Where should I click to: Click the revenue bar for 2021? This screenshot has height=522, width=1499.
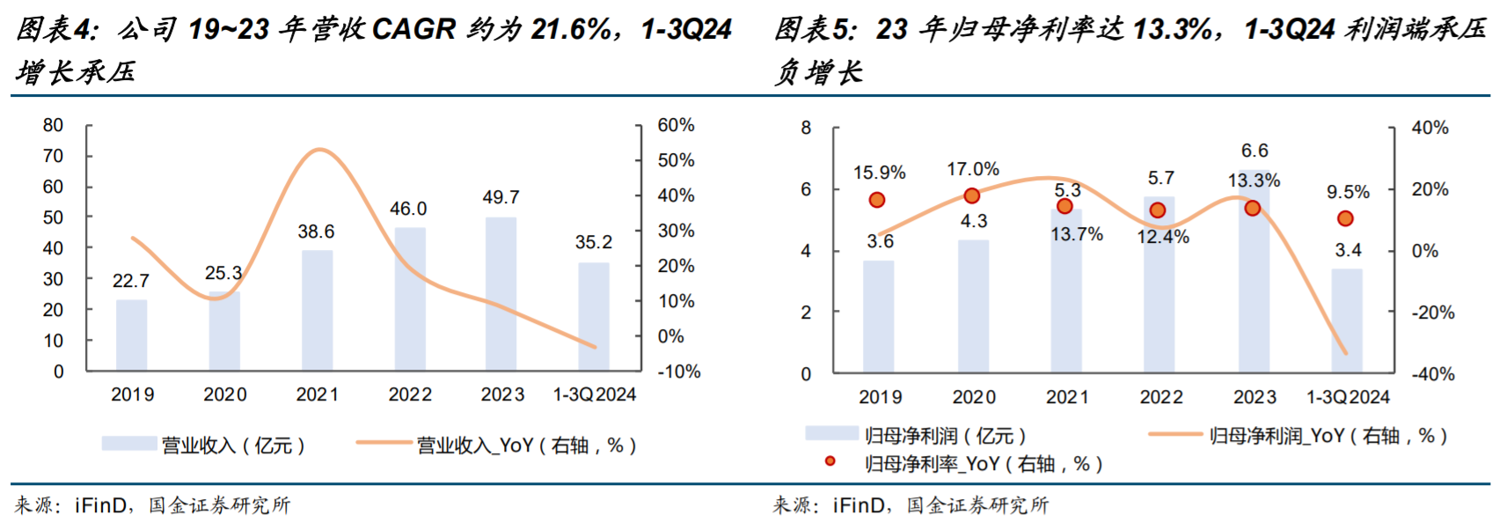tap(317, 310)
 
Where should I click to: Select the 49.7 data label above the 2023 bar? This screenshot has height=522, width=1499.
tap(501, 198)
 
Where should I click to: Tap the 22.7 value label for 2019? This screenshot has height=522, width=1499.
tap(131, 281)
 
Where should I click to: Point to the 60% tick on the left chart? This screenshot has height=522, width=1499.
tap(676, 126)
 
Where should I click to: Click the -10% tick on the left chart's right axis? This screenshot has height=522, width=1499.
tap(679, 371)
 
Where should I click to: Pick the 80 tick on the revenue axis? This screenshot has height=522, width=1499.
tap(54, 126)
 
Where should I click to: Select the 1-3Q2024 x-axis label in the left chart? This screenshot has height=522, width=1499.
tap(594, 394)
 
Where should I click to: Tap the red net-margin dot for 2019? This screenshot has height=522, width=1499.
tap(876, 200)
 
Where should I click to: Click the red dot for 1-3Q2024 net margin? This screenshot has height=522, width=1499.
tap(1345, 218)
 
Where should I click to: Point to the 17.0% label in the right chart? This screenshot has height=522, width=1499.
tap(972, 169)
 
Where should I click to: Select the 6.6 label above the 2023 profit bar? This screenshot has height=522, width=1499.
tap(1254, 151)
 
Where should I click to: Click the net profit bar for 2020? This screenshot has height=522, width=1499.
tap(973, 306)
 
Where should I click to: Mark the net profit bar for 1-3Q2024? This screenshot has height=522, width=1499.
tap(1347, 320)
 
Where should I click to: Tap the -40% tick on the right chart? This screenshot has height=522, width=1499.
tap(1433, 374)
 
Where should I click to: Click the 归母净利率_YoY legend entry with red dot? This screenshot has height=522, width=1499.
tap(983, 464)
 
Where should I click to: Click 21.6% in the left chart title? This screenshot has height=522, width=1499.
tap(569, 30)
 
